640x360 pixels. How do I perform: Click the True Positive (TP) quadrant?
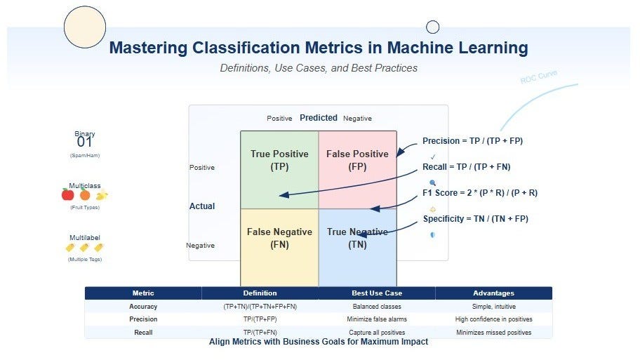pyautogui.click(x=279, y=169)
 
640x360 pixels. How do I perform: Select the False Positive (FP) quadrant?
pyautogui.click(x=357, y=169)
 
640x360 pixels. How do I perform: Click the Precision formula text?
pyautogui.click(x=472, y=141)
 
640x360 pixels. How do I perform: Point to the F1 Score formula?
pyautogui.click(x=479, y=193)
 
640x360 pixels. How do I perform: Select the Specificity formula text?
pyautogui.click(x=475, y=219)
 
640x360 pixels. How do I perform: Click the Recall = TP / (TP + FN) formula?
pyautogui.click(x=466, y=167)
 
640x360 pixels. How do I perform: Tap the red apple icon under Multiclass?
pyautogui.click(x=68, y=195)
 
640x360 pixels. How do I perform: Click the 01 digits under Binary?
pyautogui.click(x=85, y=142)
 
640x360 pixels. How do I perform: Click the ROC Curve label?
pyautogui.click(x=538, y=76)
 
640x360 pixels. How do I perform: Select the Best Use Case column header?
pyautogui.click(x=377, y=293)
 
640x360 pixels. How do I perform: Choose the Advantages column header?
pyautogui.click(x=493, y=293)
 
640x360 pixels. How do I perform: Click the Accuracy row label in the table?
pyautogui.click(x=143, y=307)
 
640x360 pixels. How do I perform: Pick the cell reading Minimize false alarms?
pyautogui.click(x=377, y=319)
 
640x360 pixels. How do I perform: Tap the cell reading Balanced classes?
pyautogui.click(x=377, y=307)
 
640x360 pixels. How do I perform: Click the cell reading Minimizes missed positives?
pyautogui.click(x=493, y=333)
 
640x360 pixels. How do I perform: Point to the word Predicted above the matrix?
pyautogui.click(x=319, y=118)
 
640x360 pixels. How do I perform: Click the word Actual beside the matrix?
pyautogui.click(x=202, y=206)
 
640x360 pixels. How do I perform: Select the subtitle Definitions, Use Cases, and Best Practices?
pyautogui.click(x=319, y=68)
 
